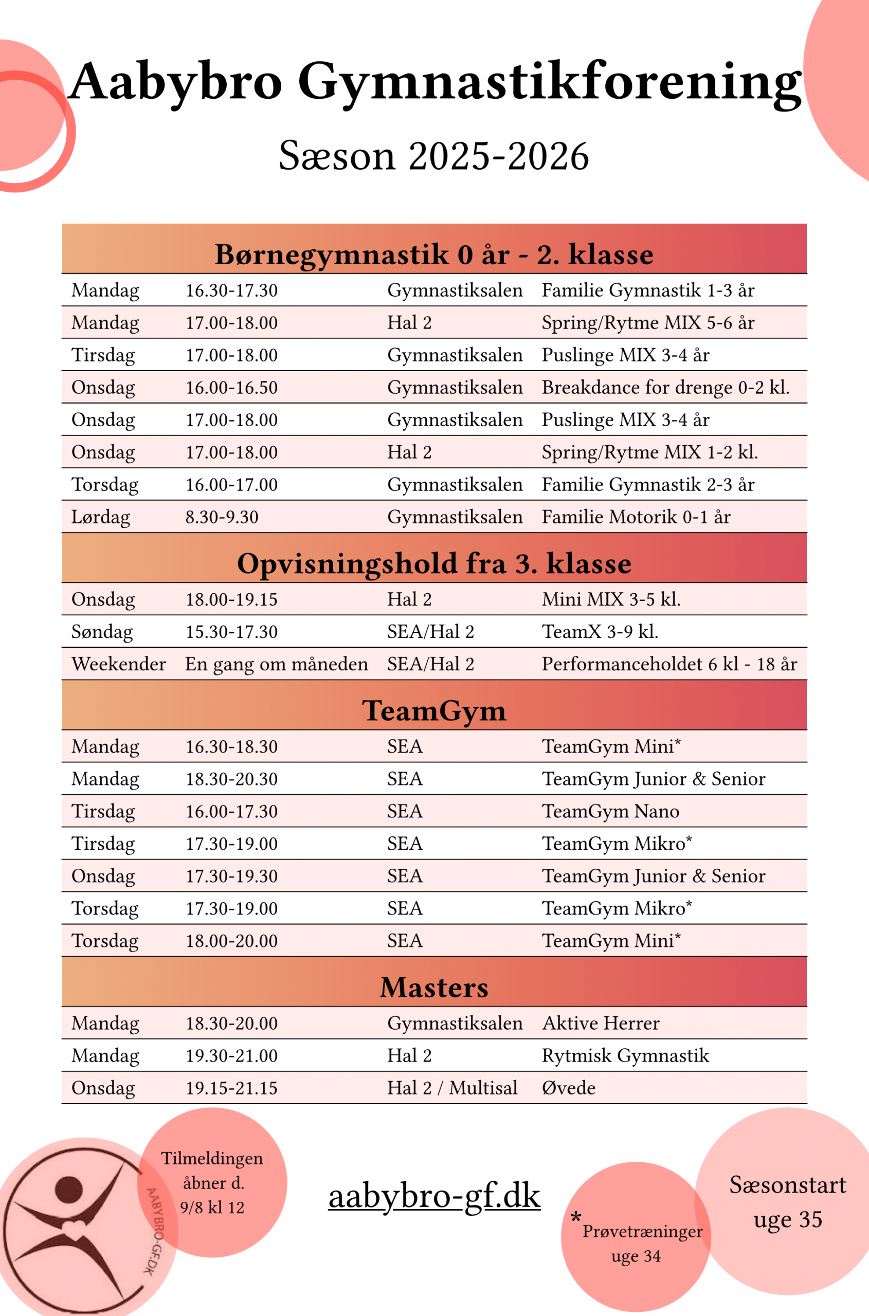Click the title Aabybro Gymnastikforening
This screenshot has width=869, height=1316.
(x=434, y=82)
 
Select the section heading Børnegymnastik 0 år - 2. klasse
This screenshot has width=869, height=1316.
(x=434, y=254)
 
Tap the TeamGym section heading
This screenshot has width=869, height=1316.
(x=434, y=710)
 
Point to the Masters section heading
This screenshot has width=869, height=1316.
(x=434, y=987)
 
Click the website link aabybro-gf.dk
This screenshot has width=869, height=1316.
(x=434, y=1195)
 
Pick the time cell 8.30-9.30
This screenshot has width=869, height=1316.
(x=222, y=517)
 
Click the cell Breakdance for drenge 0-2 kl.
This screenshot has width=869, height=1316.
(x=665, y=387)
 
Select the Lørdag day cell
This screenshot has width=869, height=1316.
(x=101, y=517)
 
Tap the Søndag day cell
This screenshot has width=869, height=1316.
(x=102, y=632)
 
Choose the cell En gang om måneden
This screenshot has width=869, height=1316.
(x=276, y=664)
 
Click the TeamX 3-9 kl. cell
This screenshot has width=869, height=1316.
(x=600, y=632)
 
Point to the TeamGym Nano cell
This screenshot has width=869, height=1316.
(x=610, y=811)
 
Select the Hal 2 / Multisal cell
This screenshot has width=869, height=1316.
(x=452, y=1088)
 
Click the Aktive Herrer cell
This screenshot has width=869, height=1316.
(x=601, y=1023)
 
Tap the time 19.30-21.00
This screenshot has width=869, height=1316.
(x=231, y=1055)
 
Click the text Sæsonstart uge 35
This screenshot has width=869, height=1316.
(x=788, y=1202)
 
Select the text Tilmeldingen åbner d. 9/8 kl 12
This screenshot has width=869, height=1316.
(x=212, y=1182)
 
